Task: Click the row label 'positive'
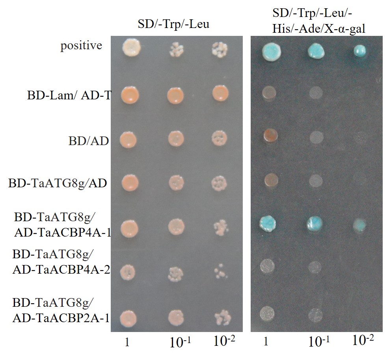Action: click(x=81, y=46)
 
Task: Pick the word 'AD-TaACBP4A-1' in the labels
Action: click(x=61, y=233)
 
